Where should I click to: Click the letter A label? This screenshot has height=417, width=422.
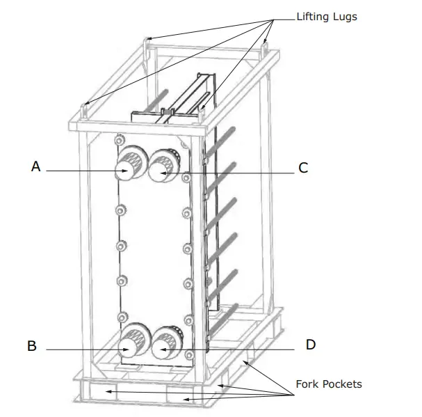pyautogui.click(x=35, y=166)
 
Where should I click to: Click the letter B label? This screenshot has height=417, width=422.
pyautogui.click(x=32, y=346)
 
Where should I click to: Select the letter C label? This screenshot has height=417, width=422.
pyautogui.click(x=303, y=168)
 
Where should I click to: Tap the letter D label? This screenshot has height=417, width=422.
pyautogui.click(x=310, y=345)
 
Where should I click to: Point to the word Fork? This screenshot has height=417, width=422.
pyautogui.click(x=307, y=384)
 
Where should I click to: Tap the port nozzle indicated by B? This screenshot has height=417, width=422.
pyautogui.click(x=129, y=345)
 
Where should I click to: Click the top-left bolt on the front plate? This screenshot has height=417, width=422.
pyautogui.click(x=121, y=139)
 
